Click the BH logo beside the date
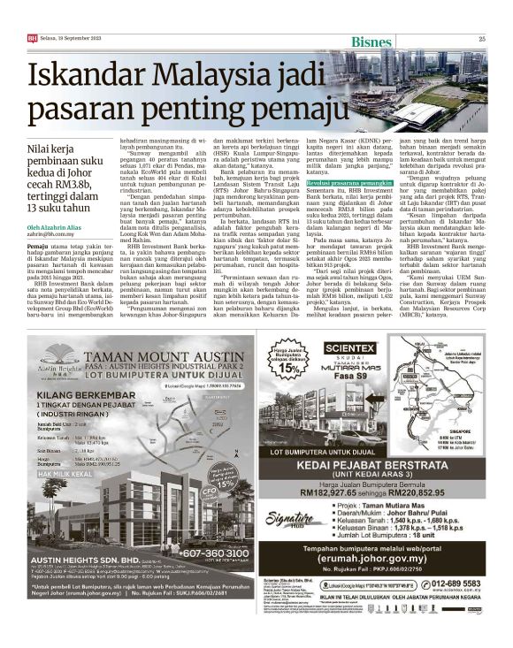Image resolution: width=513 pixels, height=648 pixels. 32,38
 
